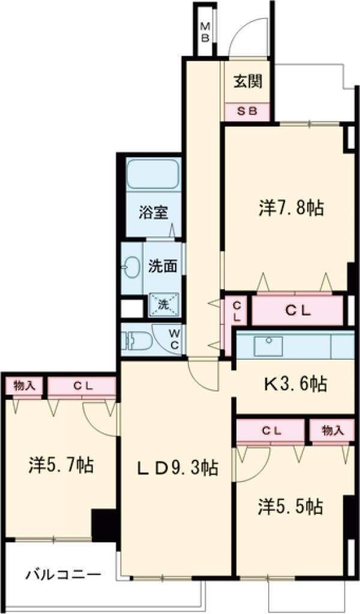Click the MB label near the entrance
(x=205, y=32)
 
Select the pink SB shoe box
(x=248, y=112)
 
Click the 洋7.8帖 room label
(x=292, y=208)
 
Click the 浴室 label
(x=154, y=212)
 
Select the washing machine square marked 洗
(x=163, y=305)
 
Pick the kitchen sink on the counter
(x=268, y=345)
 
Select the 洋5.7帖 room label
(x=61, y=465)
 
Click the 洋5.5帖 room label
(x=291, y=507)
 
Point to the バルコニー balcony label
(x=63, y=574)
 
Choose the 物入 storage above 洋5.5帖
(x=332, y=430)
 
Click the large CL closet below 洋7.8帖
(x=298, y=311)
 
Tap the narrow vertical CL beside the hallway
(x=236, y=310)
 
